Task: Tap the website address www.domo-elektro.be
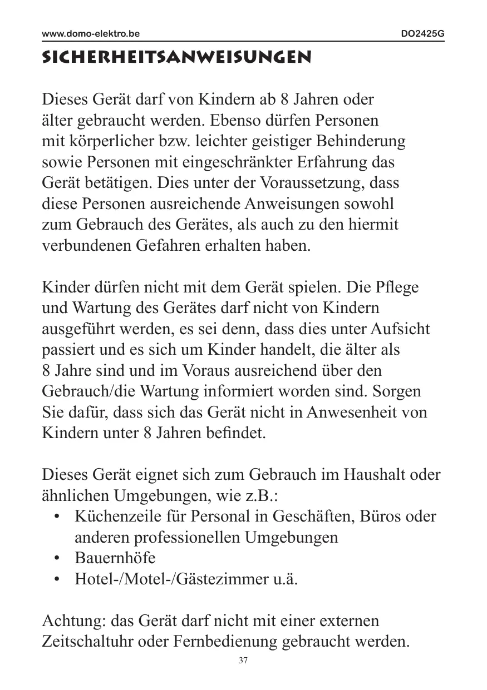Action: [91, 34]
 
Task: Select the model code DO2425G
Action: [423, 34]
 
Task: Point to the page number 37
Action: [243, 661]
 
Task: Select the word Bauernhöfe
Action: [115, 558]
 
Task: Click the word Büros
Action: [382, 517]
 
